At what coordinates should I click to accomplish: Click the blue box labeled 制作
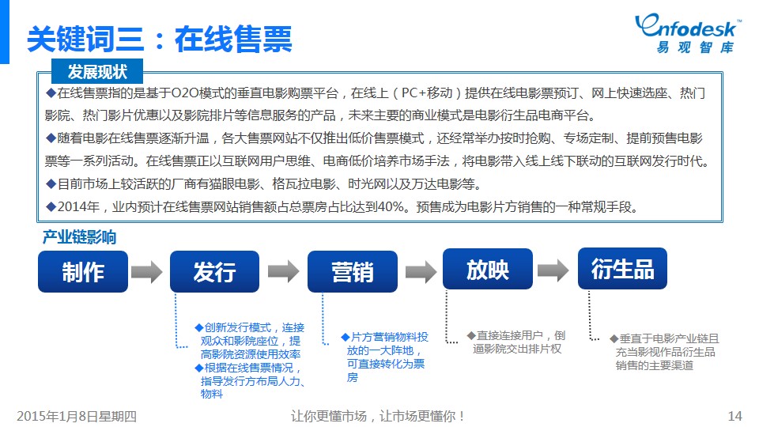coord(83,271)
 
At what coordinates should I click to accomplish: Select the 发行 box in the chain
coord(214,271)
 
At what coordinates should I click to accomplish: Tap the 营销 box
coord(353,271)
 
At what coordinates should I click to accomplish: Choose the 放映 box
coord(488,269)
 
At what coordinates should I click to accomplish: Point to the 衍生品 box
coord(622,269)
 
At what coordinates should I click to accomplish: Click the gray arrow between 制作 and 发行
coord(147,271)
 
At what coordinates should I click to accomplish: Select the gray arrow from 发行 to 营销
coord(284,271)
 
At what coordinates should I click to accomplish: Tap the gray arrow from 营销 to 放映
coord(421,271)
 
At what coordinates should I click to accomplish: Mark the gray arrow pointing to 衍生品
coord(553,270)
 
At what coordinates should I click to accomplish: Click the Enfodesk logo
coord(687,33)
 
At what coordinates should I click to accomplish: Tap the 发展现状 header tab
coord(96,72)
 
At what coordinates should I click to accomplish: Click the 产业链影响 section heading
coord(79,237)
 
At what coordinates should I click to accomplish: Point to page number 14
coord(734,416)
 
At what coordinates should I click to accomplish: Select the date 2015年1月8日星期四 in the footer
coord(77,416)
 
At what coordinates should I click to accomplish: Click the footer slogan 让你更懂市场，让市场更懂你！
coord(378,416)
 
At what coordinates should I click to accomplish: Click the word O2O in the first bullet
coord(184,93)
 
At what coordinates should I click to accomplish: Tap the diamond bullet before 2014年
coord(51,206)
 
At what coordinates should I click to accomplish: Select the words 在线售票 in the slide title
coord(233,40)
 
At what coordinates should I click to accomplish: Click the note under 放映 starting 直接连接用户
coord(516,342)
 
